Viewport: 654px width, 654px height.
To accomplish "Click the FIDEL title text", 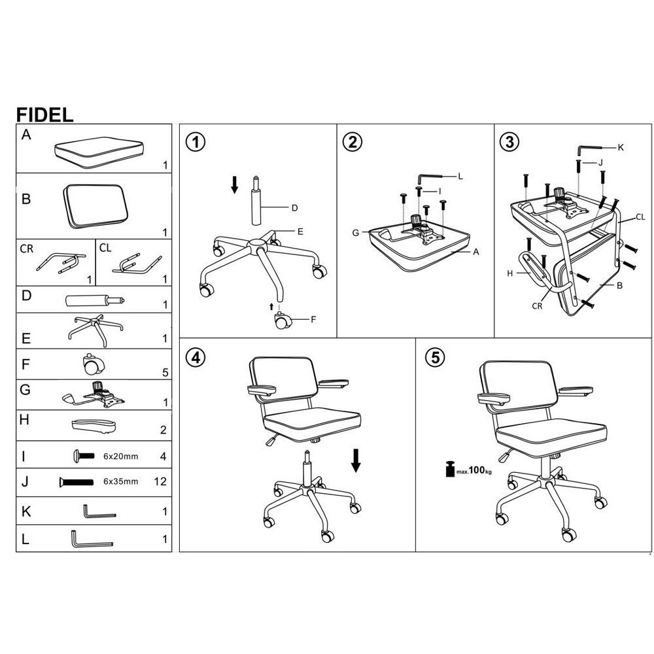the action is coord(44,114).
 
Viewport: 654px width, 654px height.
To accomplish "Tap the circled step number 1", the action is coord(195,141).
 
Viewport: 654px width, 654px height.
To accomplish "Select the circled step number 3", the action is coord(509,141).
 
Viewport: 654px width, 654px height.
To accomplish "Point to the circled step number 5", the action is coord(435,357).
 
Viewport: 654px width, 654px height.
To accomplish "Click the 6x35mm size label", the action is coord(122,482).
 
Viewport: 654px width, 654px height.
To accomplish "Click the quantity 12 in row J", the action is coord(160,482).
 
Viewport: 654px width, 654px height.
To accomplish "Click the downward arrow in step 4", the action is coord(356,460).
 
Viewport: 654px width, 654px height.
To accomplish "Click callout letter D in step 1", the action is coord(294,208).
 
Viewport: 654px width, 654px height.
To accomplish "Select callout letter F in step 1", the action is coord(313,320).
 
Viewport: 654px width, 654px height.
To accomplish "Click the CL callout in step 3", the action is coord(640,216).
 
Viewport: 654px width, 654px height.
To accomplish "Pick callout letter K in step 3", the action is coord(621,147).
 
